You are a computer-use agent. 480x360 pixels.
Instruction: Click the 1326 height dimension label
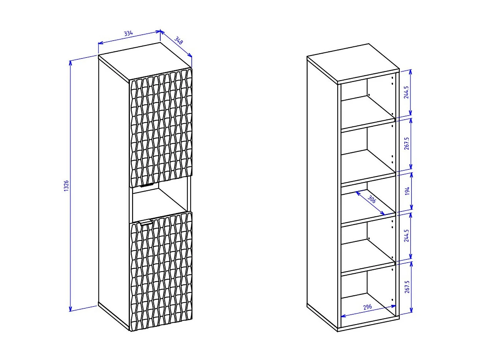[x=66, y=186]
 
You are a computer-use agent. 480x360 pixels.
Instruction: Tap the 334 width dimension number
[x=128, y=34]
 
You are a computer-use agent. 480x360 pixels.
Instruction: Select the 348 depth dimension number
[x=179, y=40]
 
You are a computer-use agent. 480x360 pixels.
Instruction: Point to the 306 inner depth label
[x=372, y=200]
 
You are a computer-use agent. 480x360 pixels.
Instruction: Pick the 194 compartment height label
[x=407, y=191]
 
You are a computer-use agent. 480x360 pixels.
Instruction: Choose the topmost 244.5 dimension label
[x=406, y=93]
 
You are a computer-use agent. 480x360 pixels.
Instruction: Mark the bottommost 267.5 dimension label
[x=407, y=287]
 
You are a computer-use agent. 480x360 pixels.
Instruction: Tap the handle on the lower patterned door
[x=146, y=222]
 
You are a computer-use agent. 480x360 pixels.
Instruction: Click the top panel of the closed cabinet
[x=145, y=60]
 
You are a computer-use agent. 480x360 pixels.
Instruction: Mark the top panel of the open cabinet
[x=353, y=62]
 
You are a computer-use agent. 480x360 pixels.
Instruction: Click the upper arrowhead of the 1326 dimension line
[x=70, y=62]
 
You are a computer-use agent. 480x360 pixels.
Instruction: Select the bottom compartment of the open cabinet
[x=368, y=293]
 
